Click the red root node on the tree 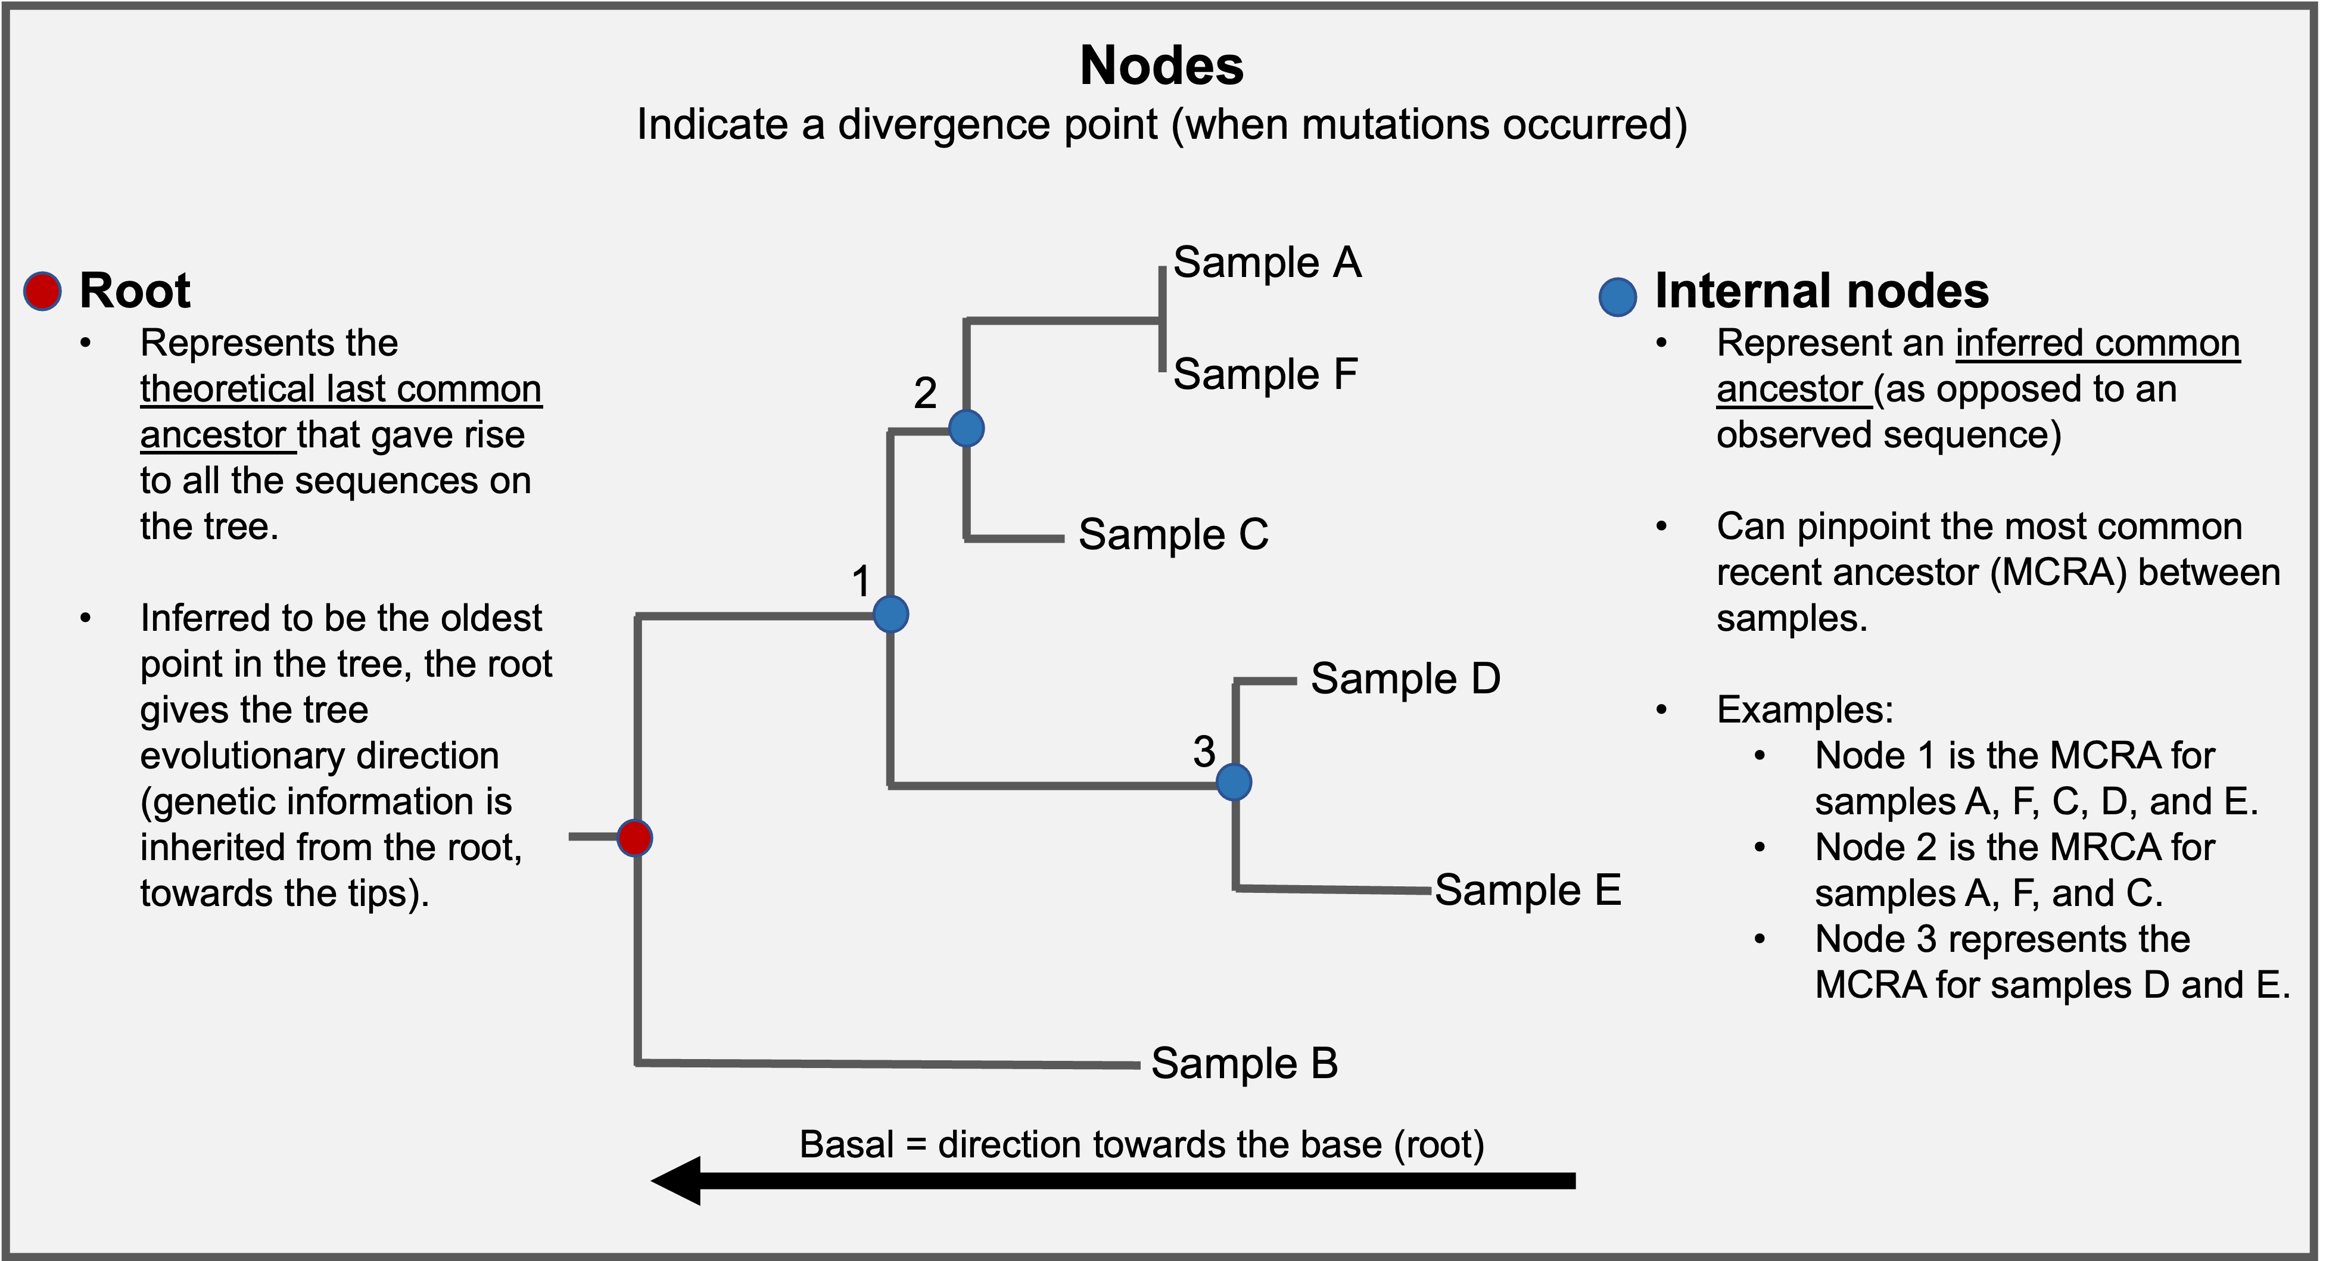click(635, 837)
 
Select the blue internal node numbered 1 click(890, 615)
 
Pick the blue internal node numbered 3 click(1234, 781)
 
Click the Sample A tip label click(1267, 263)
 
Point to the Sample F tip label click(1265, 373)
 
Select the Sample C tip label click(1173, 534)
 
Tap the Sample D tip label click(1405, 679)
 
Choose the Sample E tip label click(1528, 890)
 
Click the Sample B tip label click(1244, 1063)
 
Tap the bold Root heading click(135, 291)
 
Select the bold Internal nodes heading click(1821, 291)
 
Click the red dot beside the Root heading click(42, 291)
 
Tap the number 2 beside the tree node click(924, 393)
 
